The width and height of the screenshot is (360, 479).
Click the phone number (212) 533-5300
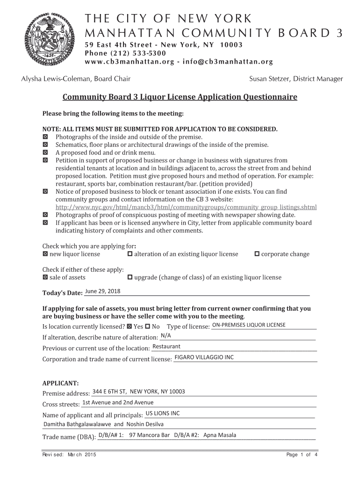[x=125, y=53]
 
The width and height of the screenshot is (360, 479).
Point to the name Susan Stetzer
[x=269, y=79]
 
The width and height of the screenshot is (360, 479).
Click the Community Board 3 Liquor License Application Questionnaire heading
[x=180, y=97]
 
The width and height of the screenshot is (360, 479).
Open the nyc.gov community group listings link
[x=186, y=207]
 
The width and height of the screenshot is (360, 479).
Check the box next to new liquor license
[x=45, y=254]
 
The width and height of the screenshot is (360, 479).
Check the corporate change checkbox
[x=257, y=254]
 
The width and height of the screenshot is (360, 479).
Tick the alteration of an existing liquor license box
[x=130, y=254]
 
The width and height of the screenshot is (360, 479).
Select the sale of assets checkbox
[x=45, y=277]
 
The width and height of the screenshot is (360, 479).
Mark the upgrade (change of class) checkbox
[x=130, y=277]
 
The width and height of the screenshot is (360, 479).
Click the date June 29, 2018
[x=102, y=291]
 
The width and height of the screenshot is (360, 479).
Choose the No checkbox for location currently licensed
[x=148, y=326]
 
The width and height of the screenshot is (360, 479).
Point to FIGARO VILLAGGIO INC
[x=204, y=357]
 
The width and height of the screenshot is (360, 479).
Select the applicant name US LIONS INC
[x=163, y=413]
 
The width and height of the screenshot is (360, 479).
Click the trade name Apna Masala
[x=220, y=435]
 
